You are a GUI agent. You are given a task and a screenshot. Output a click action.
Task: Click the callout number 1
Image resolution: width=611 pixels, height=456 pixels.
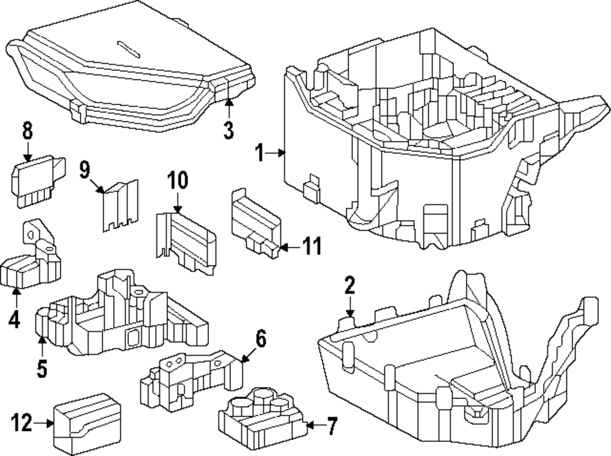[x=259, y=153]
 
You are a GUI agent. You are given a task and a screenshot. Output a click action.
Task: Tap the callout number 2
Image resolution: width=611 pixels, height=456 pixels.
[x=349, y=287]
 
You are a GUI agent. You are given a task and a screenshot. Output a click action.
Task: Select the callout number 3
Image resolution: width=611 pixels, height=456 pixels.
[x=228, y=130]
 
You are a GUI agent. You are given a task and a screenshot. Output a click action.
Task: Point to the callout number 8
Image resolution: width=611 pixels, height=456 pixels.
[x=27, y=131]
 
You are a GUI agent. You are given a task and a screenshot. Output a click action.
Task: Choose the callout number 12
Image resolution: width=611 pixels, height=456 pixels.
[x=21, y=422]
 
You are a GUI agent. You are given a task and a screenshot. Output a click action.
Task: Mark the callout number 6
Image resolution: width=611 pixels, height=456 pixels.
[x=261, y=339]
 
